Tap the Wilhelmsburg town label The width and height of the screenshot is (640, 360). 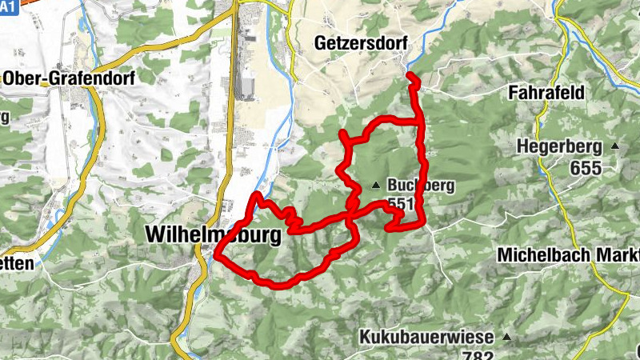point(214,235)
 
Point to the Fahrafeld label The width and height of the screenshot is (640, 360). point(547,93)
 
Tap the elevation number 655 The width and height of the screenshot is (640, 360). point(586,167)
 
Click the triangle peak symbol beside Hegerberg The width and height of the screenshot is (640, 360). point(615,146)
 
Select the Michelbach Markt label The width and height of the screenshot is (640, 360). point(568,254)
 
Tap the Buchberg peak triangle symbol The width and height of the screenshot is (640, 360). point(375,186)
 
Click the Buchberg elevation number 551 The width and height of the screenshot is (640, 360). point(401,205)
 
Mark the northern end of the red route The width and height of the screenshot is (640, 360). point(410,76)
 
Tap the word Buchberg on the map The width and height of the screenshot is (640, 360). point(421,186)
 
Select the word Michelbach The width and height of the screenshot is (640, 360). point(544,254)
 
